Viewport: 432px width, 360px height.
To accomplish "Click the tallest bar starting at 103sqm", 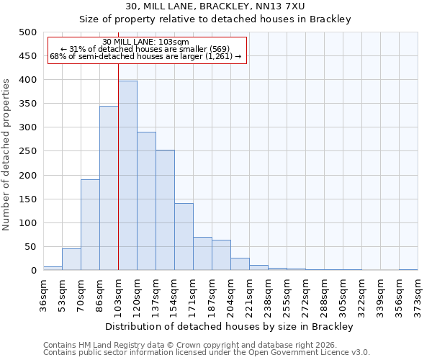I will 127,176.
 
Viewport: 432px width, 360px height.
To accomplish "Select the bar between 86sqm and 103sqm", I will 109,188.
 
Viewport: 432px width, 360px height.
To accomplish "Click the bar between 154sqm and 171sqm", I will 184,237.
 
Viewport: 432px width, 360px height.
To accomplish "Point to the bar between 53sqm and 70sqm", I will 71,259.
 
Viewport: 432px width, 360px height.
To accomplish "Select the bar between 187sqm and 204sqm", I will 221,255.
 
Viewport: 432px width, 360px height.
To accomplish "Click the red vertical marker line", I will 118,166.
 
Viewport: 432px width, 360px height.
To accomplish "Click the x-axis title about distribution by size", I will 230,327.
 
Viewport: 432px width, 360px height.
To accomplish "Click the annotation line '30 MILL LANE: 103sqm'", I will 146,42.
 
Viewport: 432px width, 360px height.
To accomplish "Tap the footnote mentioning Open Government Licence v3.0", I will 207,353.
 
